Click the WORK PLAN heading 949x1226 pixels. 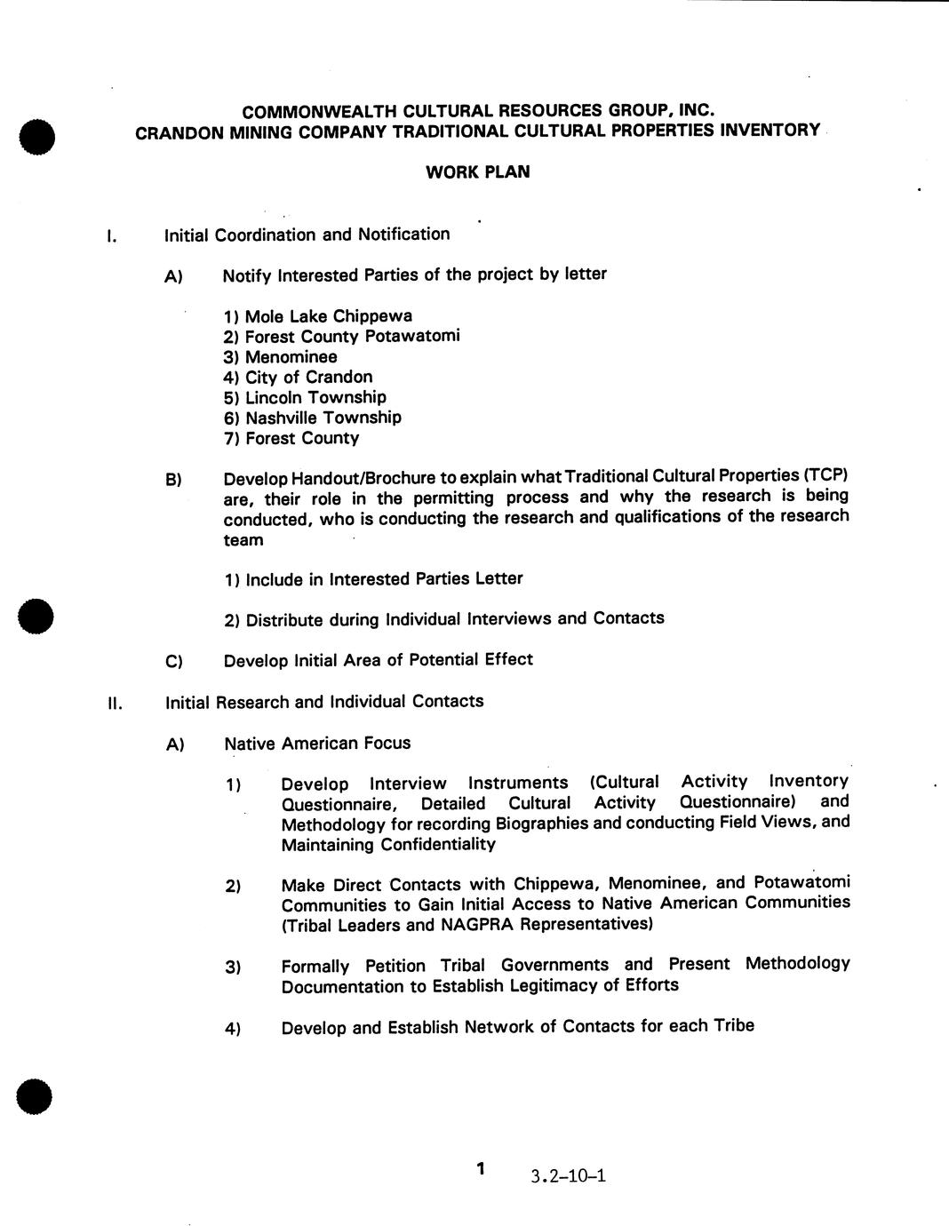pyautogui.click(x=477, y=171)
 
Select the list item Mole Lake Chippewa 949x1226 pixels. pyautogui.click(x=318, y=316)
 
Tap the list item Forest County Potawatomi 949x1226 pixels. pyautogui.click(x=342, y=337)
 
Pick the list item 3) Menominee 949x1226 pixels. pyautogui.click(x=281, y=357)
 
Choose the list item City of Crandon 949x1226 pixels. pyautogui.click(x=299, y=378)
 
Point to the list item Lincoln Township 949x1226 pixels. pyautogui.click(x=305, y=397)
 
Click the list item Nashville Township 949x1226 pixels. pyautogui.click(x=313, y=418)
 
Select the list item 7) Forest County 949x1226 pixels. pyautogui.click(x=291, y=438)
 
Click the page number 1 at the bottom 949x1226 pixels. pyautogui.click(x=481, y=1168)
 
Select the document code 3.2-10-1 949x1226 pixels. pyautogui.click(x=568, y=1176)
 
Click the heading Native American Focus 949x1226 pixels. pyautogui.click(x=317, y=744)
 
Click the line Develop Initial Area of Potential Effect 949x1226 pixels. pyautogui.click(x=378, y=660)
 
